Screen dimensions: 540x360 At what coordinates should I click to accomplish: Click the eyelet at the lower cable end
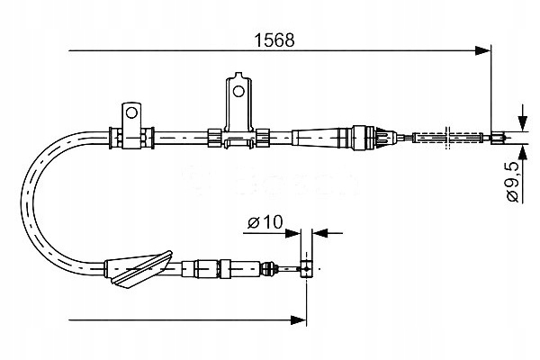(x=307, y=267)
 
